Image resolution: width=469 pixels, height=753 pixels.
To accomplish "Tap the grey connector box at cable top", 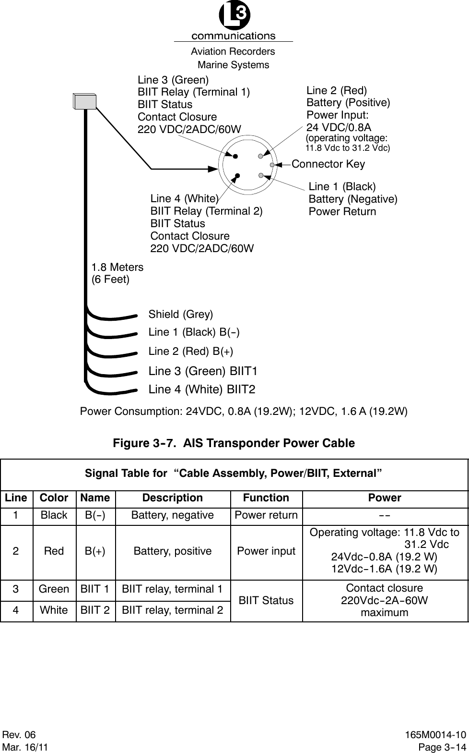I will pos(85,102).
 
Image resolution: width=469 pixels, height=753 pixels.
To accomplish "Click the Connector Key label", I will pos(328,164).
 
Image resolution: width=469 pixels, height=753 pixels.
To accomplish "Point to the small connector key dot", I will pos(272,165).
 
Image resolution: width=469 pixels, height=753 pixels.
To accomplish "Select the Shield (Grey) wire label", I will pos(180,315).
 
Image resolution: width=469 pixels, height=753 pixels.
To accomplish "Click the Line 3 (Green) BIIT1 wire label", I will pos(203,371).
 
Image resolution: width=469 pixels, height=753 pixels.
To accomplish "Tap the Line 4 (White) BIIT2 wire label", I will pos(202,389).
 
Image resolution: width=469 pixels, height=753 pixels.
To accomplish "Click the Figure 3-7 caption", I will pos(234,443).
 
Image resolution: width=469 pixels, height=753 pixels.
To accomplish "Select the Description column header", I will pos(173,498).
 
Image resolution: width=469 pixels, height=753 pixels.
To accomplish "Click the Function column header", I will pos(266,498).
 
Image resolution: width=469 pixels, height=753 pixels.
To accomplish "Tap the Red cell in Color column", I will pos(54,551).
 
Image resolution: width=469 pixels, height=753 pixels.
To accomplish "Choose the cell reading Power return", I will pos(266,515).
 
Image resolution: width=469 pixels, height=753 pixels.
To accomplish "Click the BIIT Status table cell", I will pos(266,600).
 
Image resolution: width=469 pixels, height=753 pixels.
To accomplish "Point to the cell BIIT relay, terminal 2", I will pos(173,610).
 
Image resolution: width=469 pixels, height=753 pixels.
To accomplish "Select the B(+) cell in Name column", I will pos(95,551).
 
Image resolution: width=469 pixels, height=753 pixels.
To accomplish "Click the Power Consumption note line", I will pos(244,412).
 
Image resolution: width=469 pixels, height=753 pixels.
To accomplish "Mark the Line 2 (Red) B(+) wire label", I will pos(191,352).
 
